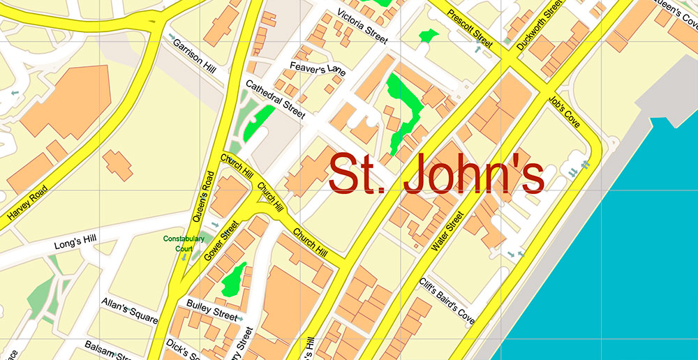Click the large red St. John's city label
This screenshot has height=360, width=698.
click(436, 174)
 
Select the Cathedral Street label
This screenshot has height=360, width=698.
click(274, 98)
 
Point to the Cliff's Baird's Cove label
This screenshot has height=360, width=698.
click(447, 301)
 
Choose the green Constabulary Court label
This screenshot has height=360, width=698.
click(184, 243)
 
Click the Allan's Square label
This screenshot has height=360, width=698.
click(129, 310)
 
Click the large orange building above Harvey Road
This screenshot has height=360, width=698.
click(66, 101)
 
